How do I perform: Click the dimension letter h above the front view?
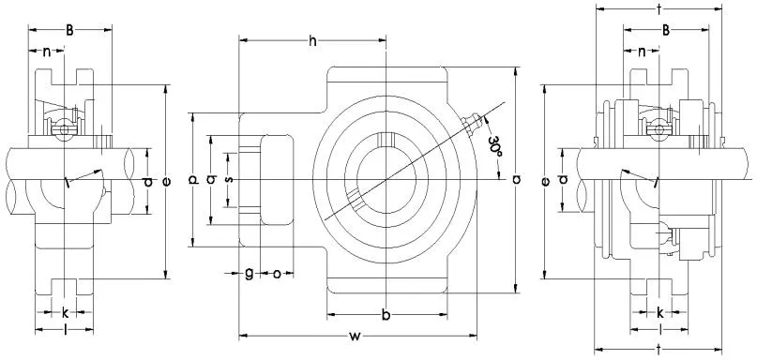pos(312,40)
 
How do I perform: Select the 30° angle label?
pos(497,142)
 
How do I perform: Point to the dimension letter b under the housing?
pos(386,312)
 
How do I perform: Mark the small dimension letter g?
pos(249,273)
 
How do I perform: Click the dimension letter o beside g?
pos(277,273)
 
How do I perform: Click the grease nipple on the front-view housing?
pos(472,124)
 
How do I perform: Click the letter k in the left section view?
pos(65,310)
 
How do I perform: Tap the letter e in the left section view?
pos(166,181)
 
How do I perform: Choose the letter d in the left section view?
pos(147,181)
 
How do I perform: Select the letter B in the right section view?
pos(665,30)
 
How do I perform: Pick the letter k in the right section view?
pos(660,311)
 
